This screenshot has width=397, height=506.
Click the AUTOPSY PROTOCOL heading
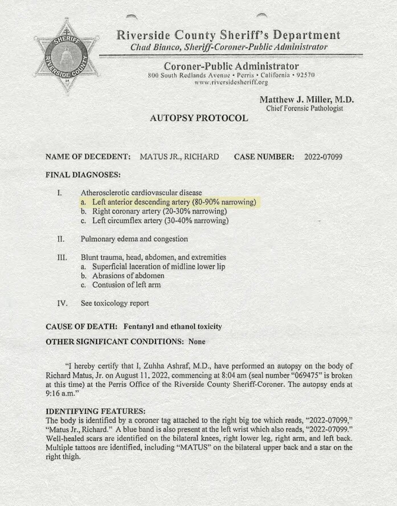[x=198, y=119]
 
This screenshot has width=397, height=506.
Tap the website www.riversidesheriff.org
[x=231, y=83]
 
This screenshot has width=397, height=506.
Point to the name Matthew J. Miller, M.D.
[x=306, y=99]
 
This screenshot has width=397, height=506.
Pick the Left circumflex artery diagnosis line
[x=160, y=221]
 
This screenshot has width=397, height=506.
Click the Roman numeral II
[x=61, y=239]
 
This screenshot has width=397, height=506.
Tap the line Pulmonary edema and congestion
[x=134, y=239]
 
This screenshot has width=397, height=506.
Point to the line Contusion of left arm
[x=125, y=284]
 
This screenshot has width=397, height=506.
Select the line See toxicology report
[x=115, y=303]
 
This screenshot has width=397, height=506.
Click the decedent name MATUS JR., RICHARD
[x=179, y=156]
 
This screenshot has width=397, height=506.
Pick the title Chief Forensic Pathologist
[x=304, y=108]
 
